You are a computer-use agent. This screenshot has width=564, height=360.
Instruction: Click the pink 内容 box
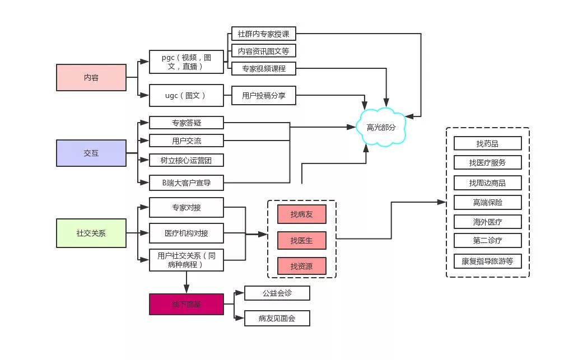(91, 77)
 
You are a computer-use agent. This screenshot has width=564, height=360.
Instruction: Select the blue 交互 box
(91, 153)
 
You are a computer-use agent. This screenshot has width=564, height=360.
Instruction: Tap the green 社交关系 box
(91, 233)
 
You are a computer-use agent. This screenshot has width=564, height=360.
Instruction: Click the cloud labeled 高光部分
(381, 127)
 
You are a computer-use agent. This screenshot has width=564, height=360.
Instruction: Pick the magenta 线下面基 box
(187, 304)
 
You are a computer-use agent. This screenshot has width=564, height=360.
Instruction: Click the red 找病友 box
(301, 214)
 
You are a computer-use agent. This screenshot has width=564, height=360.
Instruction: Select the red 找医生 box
(301, 240)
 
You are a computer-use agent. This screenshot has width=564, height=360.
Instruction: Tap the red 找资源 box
(301, 266)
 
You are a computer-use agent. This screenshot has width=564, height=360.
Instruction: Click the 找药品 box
(487, 143)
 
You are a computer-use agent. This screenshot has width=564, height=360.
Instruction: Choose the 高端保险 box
(487, 202)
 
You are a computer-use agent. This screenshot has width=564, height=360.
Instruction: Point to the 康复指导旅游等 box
(487, 261)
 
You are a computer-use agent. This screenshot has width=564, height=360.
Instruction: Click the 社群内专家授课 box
(263, 34)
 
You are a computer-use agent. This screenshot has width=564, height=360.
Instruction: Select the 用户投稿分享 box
(263, 96)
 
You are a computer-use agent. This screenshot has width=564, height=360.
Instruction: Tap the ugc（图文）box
(187, 96)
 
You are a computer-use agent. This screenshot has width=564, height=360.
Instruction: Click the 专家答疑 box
(187, 122)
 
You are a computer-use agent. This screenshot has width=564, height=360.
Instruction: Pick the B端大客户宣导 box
(187, 183)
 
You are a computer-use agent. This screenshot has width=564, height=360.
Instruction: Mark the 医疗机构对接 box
(187, 233)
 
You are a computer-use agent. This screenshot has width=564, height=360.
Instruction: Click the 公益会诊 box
(277, 293)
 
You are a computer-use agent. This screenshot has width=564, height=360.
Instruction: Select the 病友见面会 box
(277, 319)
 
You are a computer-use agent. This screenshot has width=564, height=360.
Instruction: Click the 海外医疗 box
(487, 222)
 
